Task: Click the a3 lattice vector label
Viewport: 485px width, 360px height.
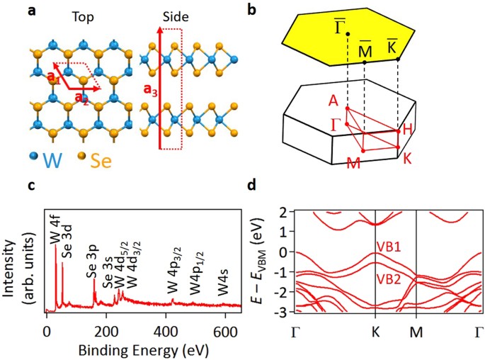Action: pyautogui.click(x=150, y=91)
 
